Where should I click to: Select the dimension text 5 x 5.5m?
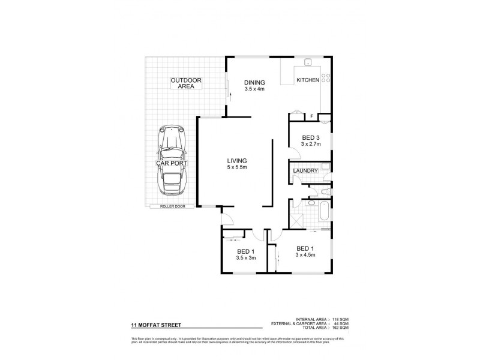pos(237,167)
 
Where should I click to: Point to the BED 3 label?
pos(311,137)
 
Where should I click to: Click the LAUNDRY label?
pos(305,172)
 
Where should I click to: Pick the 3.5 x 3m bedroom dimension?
pos(247,259)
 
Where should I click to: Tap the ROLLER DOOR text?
pos(172,206)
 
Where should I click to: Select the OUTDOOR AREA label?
pos(186,83)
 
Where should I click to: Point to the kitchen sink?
pos(307,62)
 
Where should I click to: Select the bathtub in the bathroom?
pos(324,211)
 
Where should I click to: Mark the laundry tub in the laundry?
pos(325,167)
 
